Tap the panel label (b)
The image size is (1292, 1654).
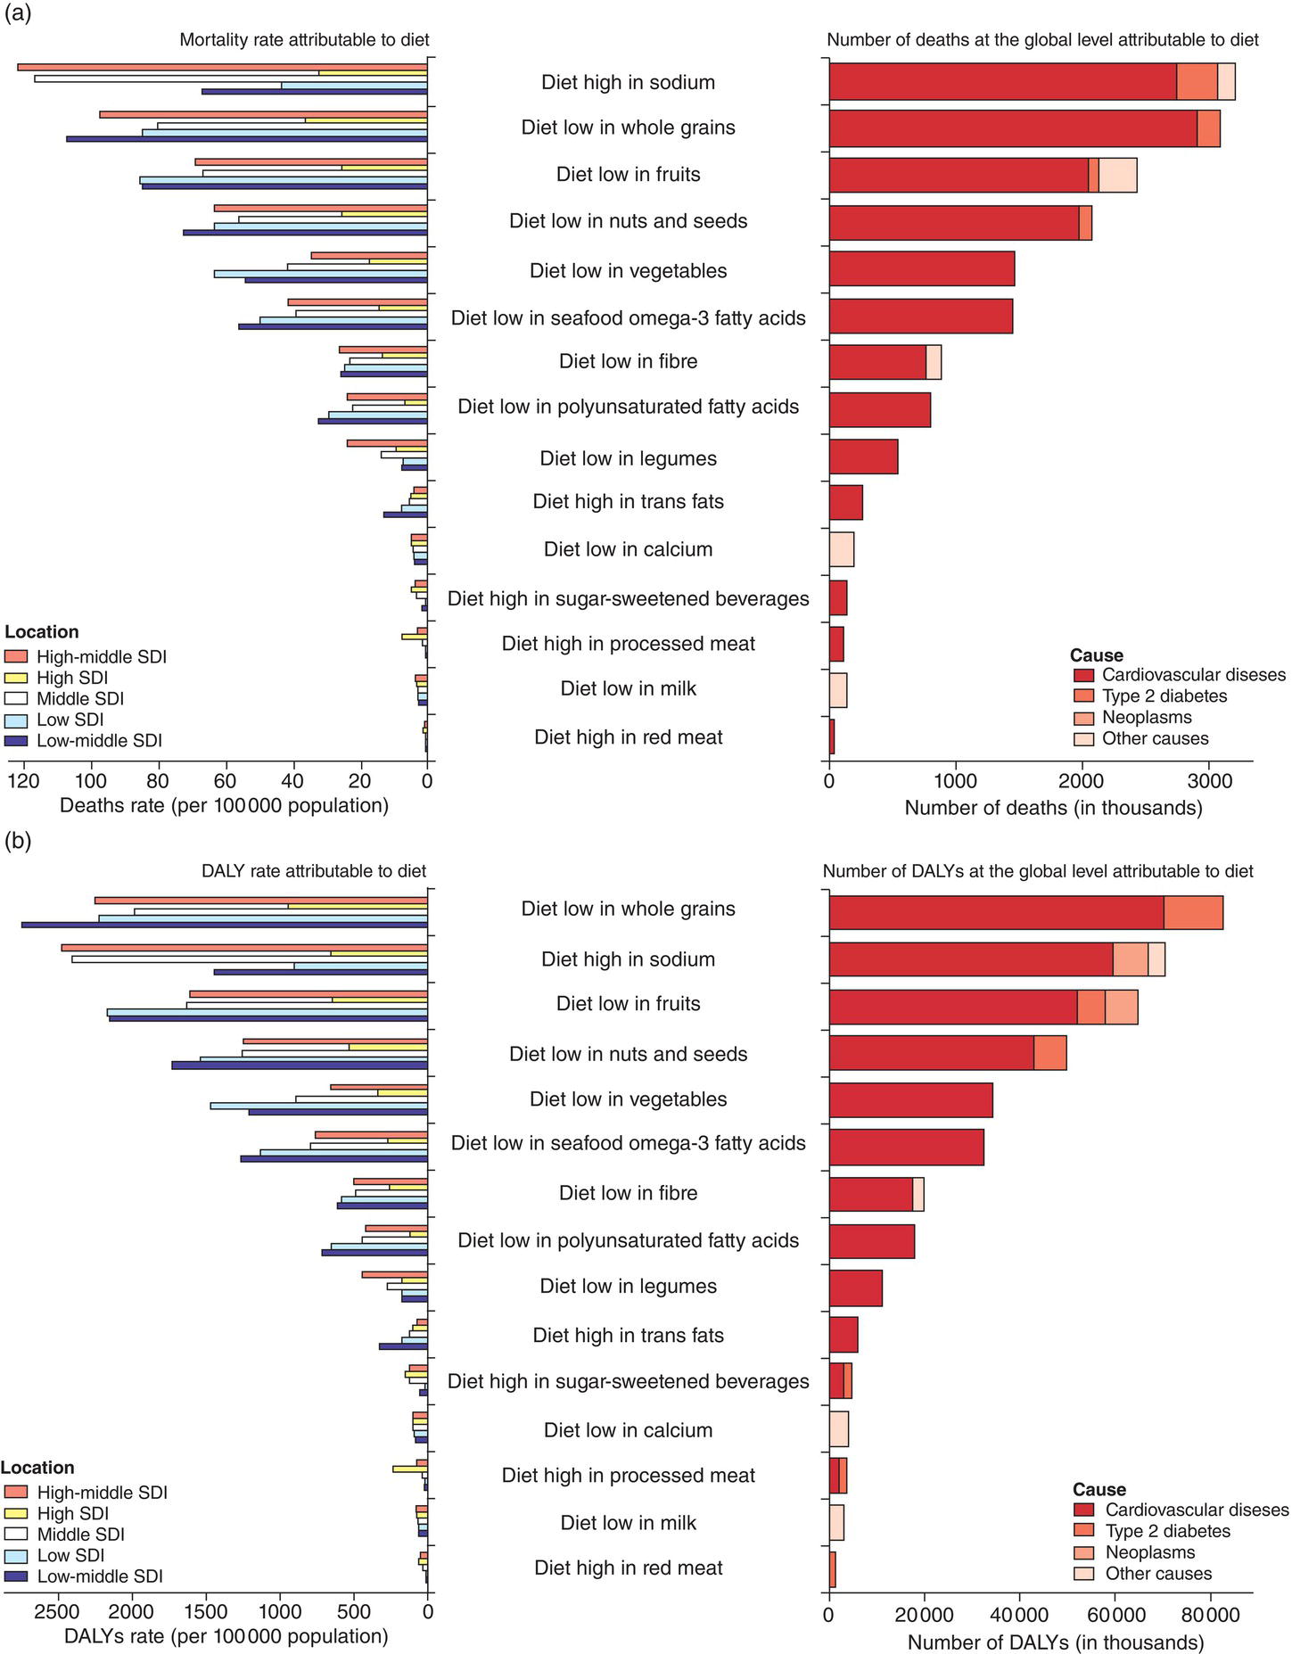pos(18,841)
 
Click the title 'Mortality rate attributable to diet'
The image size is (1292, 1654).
pos(304,40)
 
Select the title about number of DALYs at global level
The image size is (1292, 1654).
pos(1037,871)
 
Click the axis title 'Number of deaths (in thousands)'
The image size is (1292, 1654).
pos(1053,808)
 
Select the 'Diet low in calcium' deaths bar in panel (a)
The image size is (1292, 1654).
pos(842,549)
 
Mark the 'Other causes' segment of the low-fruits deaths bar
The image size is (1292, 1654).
pos(1117,175)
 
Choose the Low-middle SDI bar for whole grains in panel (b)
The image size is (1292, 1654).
pos(224,925)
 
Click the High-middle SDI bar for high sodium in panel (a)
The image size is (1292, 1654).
pos(222,67)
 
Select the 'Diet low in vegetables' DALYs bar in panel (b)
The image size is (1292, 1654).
pos(910,1099)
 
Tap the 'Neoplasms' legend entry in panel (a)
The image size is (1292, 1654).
pos(1146,718)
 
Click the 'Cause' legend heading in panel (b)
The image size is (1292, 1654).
pos(1099,1489)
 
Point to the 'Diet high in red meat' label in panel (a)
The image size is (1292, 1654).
pos(628,737)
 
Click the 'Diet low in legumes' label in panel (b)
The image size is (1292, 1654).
pos(628,1286)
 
